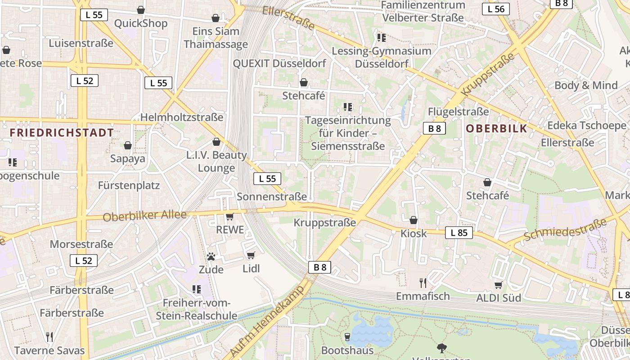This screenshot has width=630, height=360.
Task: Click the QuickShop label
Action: click(x=140, y=23)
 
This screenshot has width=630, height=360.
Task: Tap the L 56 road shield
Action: click(x=495, y=9)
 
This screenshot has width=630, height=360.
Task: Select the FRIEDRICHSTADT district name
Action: click(x=62, y=133)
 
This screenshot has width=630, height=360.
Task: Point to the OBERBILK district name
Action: click(x=496, y=128)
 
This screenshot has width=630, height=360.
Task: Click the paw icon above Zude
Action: click(x=211, y=256)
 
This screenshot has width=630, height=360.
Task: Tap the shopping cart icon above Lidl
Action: click(x=251, y=256)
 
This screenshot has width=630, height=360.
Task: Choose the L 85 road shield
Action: click(x=459, y=233)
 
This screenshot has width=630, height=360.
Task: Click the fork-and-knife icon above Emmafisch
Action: click(x=423, y=283)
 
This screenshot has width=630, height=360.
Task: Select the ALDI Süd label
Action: click(x=499, y=298)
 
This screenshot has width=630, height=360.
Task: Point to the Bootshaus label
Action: click(x=347, y=350)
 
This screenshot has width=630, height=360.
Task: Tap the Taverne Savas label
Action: click(x=49, y=351)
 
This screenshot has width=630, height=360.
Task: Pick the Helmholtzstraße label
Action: click(x=181, y=117)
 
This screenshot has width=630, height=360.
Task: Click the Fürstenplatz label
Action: click(x=129, y=185)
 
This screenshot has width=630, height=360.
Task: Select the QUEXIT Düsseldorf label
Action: click(x=279, y=63)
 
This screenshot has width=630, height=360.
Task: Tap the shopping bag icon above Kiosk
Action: click(x=413, y=220)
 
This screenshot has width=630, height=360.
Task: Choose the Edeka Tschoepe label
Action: click(x=586, y=125)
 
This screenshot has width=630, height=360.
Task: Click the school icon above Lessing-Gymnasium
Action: click(x=382, y=37)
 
